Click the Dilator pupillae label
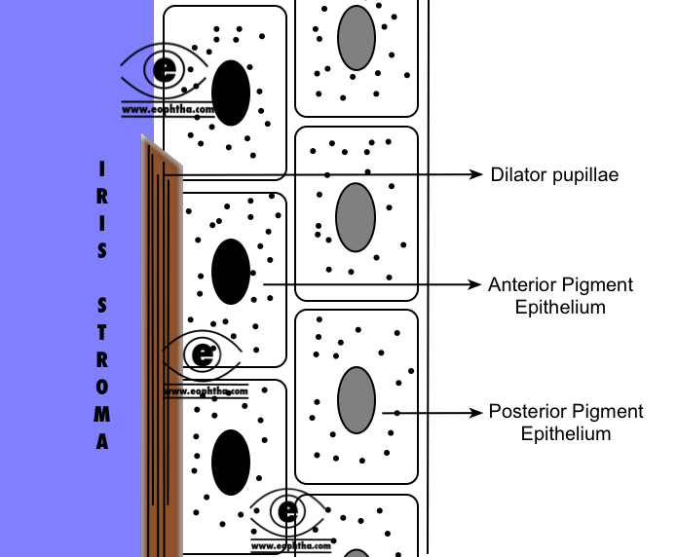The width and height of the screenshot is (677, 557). pyautogui.click(x=554, y=175)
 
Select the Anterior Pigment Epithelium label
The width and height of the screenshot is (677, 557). pyautogui.click(x=560, y=296)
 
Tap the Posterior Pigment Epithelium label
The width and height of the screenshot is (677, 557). pyautogui.click(x=566, y=423)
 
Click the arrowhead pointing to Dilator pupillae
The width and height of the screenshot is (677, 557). pyautogui.click(x=475, y=174)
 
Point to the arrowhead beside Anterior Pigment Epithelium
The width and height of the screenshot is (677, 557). pyautogui.click(x=475, y=284)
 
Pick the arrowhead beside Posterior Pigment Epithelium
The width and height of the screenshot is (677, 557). pyautogui.click(x=475, y=413)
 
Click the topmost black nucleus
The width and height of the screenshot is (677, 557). pyautogui.click(x=231, y=93)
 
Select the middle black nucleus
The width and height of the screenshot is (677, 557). pyautogui.click(x=231, y=272)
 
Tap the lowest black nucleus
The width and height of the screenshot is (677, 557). pyautogui.click(x=231, y=463)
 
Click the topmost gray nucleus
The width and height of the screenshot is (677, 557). pyautogui.click(x=357, y=38)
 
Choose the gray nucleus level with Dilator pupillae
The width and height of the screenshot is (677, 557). pyautogui.click(x=356, y=217)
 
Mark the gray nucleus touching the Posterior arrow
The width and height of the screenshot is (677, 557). pyautogui.click(x=357, y=400)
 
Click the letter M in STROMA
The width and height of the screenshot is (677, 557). pyautogui.click(x=102, y=414)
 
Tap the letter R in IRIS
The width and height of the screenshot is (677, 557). pyautogui.click(x=102, y=196)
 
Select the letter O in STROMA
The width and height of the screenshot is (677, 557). pyautogui.click(x=102, y=387)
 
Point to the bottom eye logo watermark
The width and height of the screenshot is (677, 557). pyautogui.click(x=287, y=512)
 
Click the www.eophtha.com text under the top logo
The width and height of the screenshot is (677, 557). pyautogui.click(x=168, y=109)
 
